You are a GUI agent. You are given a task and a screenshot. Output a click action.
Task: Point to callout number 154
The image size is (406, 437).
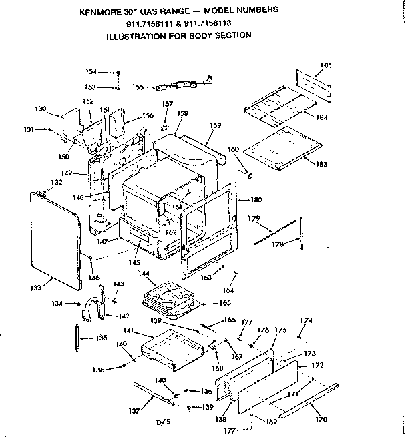[91, 71]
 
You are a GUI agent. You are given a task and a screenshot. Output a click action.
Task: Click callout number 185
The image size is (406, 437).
[326, 65]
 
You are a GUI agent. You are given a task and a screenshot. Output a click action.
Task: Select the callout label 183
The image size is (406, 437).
[322, 165]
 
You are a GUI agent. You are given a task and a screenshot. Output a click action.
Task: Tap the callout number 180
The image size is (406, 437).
[256, 200]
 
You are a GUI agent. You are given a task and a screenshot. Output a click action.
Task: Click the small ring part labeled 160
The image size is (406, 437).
[250, 175]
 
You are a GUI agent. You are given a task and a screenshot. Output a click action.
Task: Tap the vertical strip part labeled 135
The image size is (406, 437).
[79, 338]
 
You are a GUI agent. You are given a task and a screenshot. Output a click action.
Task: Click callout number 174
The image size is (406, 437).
[305, 320]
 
